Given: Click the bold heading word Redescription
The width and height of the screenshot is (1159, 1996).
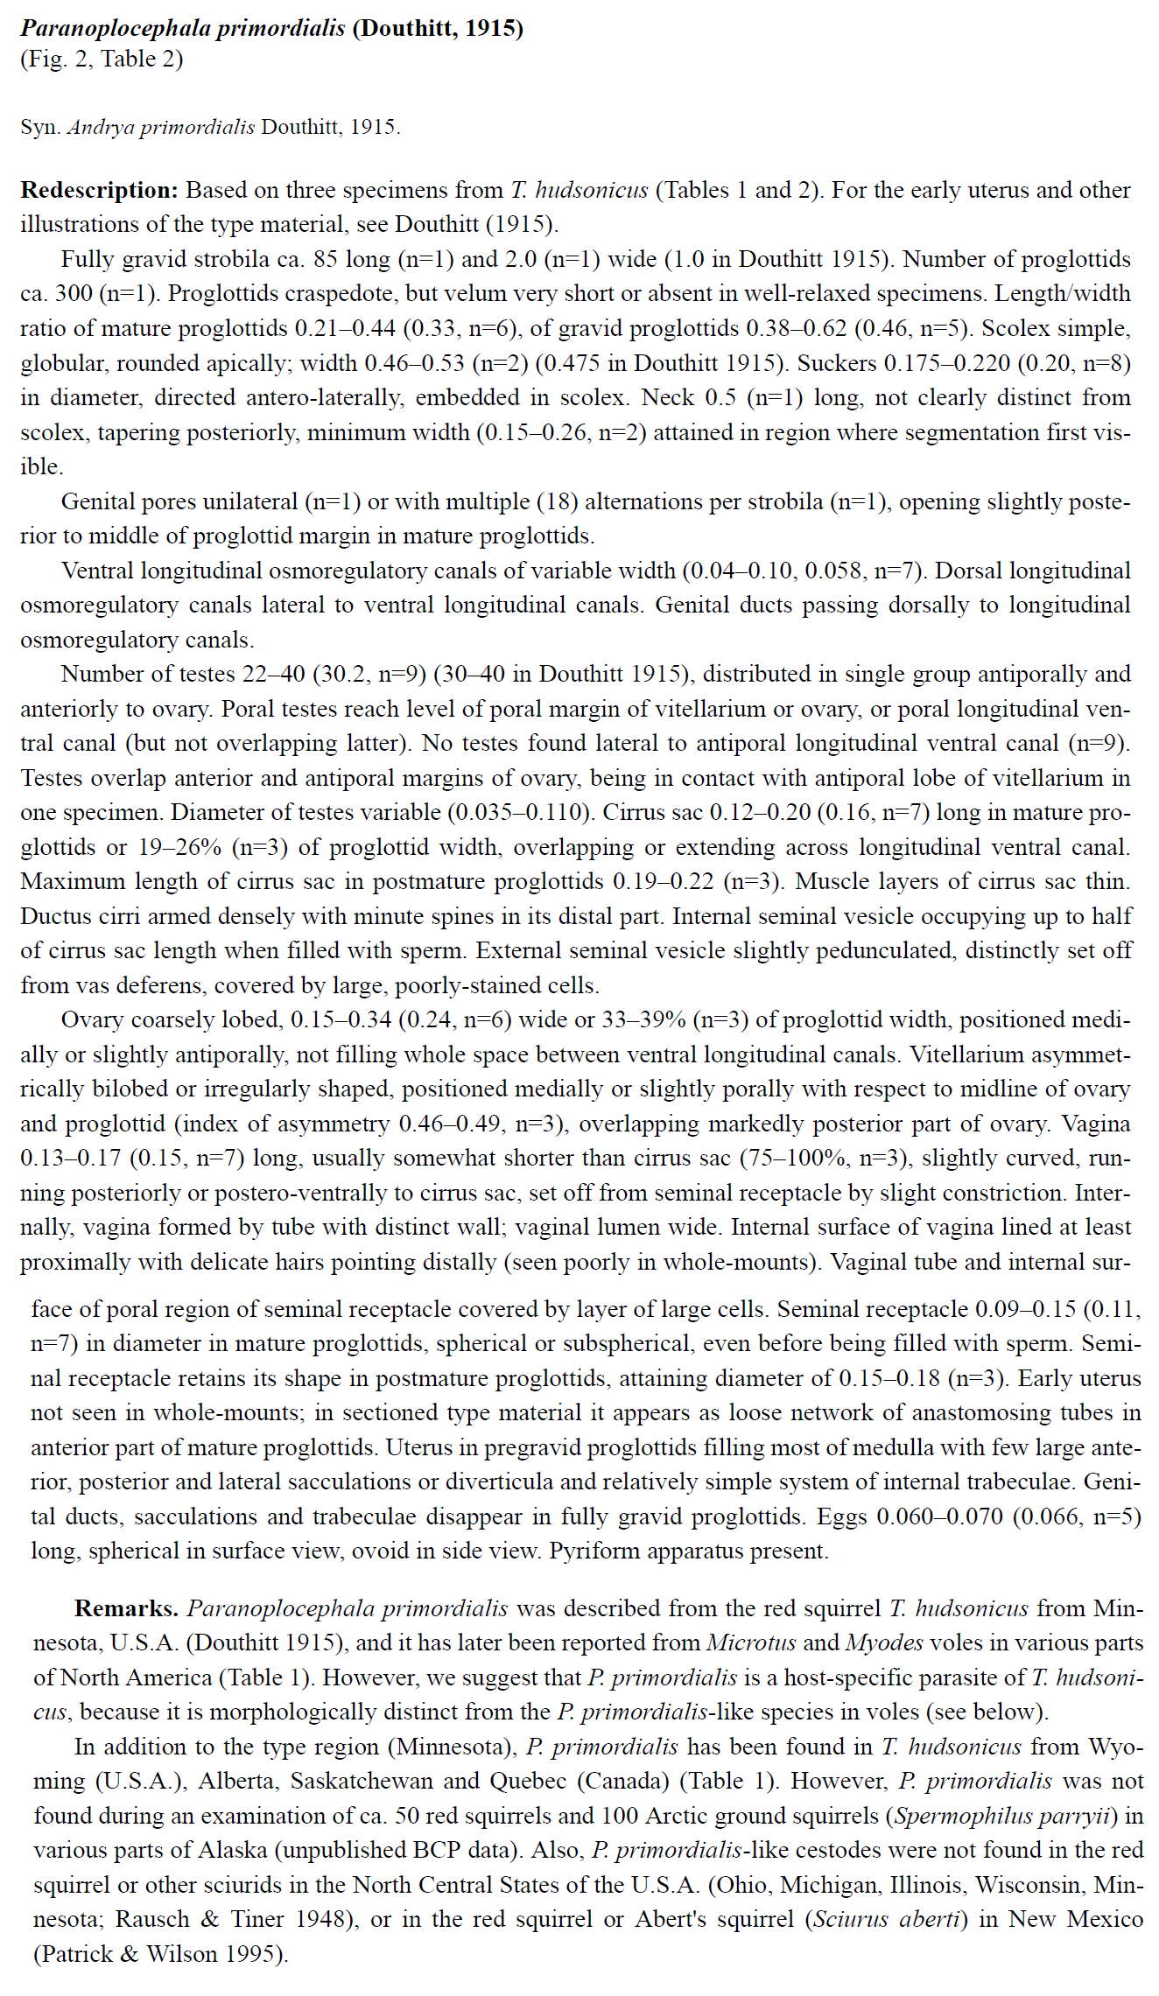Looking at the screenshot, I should tap(99, 190).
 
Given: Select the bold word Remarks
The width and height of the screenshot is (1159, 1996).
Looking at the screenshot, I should tap(126, 1608).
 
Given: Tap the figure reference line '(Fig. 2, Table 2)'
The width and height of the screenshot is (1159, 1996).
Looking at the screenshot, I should tap(102, 59).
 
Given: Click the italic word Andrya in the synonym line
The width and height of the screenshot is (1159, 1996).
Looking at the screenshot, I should tap(101, 127).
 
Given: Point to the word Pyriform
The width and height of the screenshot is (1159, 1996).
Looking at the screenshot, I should tap(589, 1551).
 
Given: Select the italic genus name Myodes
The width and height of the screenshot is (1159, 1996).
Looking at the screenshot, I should tap(883, 1642).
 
